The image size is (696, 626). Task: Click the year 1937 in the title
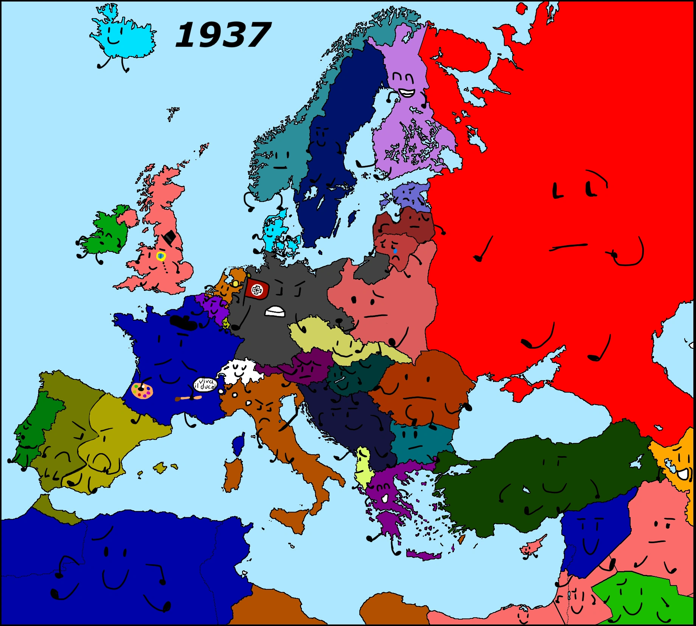223,35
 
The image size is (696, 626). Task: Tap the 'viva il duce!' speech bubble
205,385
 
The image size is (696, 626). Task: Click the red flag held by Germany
257,290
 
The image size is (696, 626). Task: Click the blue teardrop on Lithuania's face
395,251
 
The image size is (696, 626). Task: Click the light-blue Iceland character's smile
113,39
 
